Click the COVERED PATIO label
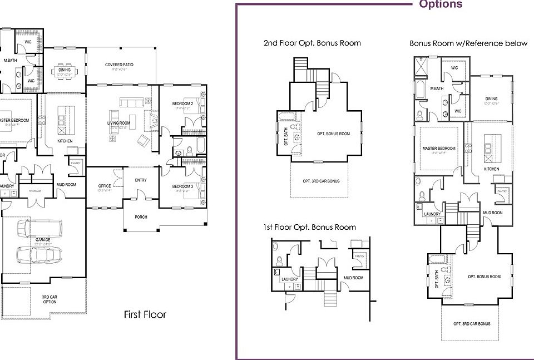(x=118, y=65)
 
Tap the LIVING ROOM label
(x=118, y=123)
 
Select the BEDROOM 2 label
(x=182, y=104)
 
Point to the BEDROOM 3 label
(x=182, y=186)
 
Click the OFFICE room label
(x=105, y=186)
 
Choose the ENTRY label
(x=141, y=180)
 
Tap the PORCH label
(x=141, y=217)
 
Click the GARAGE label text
(x=43, y=240)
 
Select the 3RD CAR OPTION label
(x=50, y=300)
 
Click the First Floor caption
(x=145, y=315)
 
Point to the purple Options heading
(x=440, y=4)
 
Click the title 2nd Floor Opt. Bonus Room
(x=312, y=43)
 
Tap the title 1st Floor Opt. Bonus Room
(x=310, y=227)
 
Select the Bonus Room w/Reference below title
(x=468, y=43)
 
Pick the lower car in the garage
(x=34, y=255)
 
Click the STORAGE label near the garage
(x=36, y=191)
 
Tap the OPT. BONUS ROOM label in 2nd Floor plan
(x=333, y=134)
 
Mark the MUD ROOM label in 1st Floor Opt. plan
(x=354, y=278)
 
